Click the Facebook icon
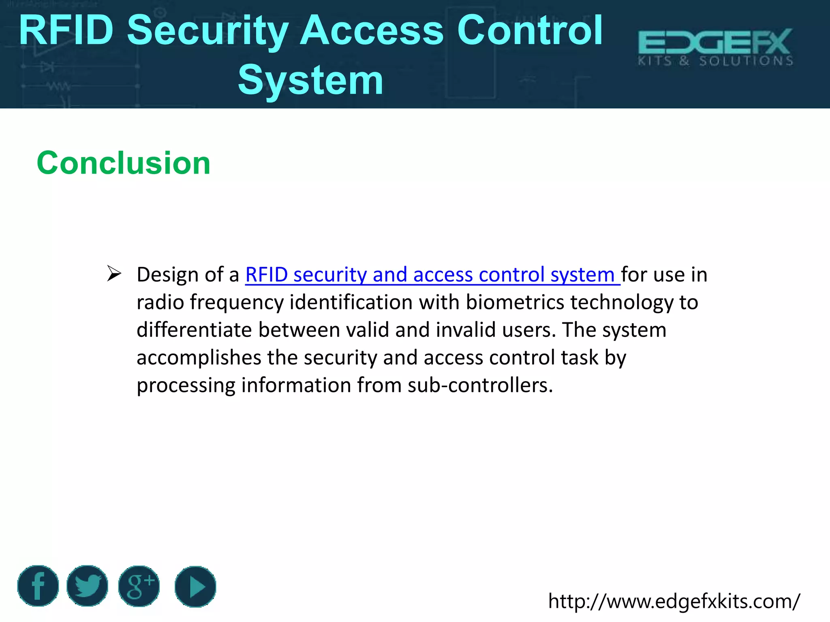(38, 586)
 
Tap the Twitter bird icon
(87, 586)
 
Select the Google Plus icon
(139, 586)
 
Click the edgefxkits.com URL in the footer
(674, 601)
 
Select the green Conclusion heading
(124, 163)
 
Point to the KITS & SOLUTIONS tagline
(715, 61)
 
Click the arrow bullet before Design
(114, 274)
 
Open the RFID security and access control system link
(432, 275)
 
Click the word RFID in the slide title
(66, 30)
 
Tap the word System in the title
(310, 80)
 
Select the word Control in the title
(530, 30)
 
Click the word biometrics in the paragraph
(515, 302)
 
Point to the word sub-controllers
(480, 385)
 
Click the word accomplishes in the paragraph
(199, 358)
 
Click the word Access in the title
(372, 30)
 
